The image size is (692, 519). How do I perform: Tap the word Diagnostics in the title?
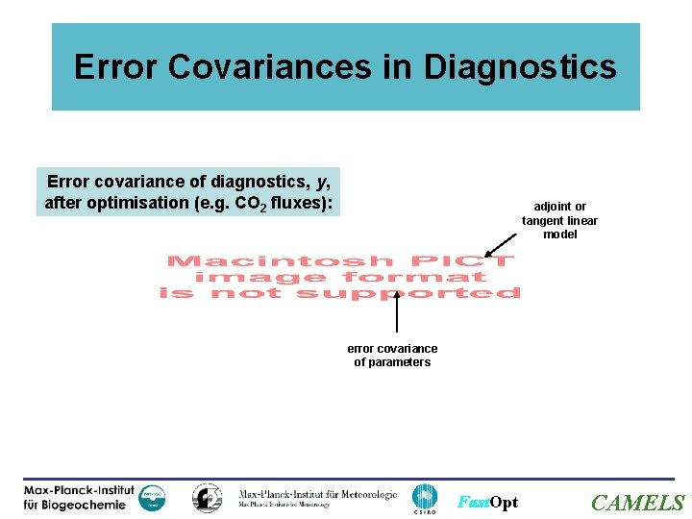tap(520, 67)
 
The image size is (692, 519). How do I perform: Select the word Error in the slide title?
tap(114, 67)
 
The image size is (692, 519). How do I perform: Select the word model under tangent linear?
tap(560, 235)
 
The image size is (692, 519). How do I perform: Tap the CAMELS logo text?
tap(637, 503)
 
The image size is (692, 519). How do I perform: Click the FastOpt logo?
tap(487, 503)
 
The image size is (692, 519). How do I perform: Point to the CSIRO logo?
tap(424, 499)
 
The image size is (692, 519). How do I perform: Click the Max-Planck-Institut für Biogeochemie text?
tap(79, 498)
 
